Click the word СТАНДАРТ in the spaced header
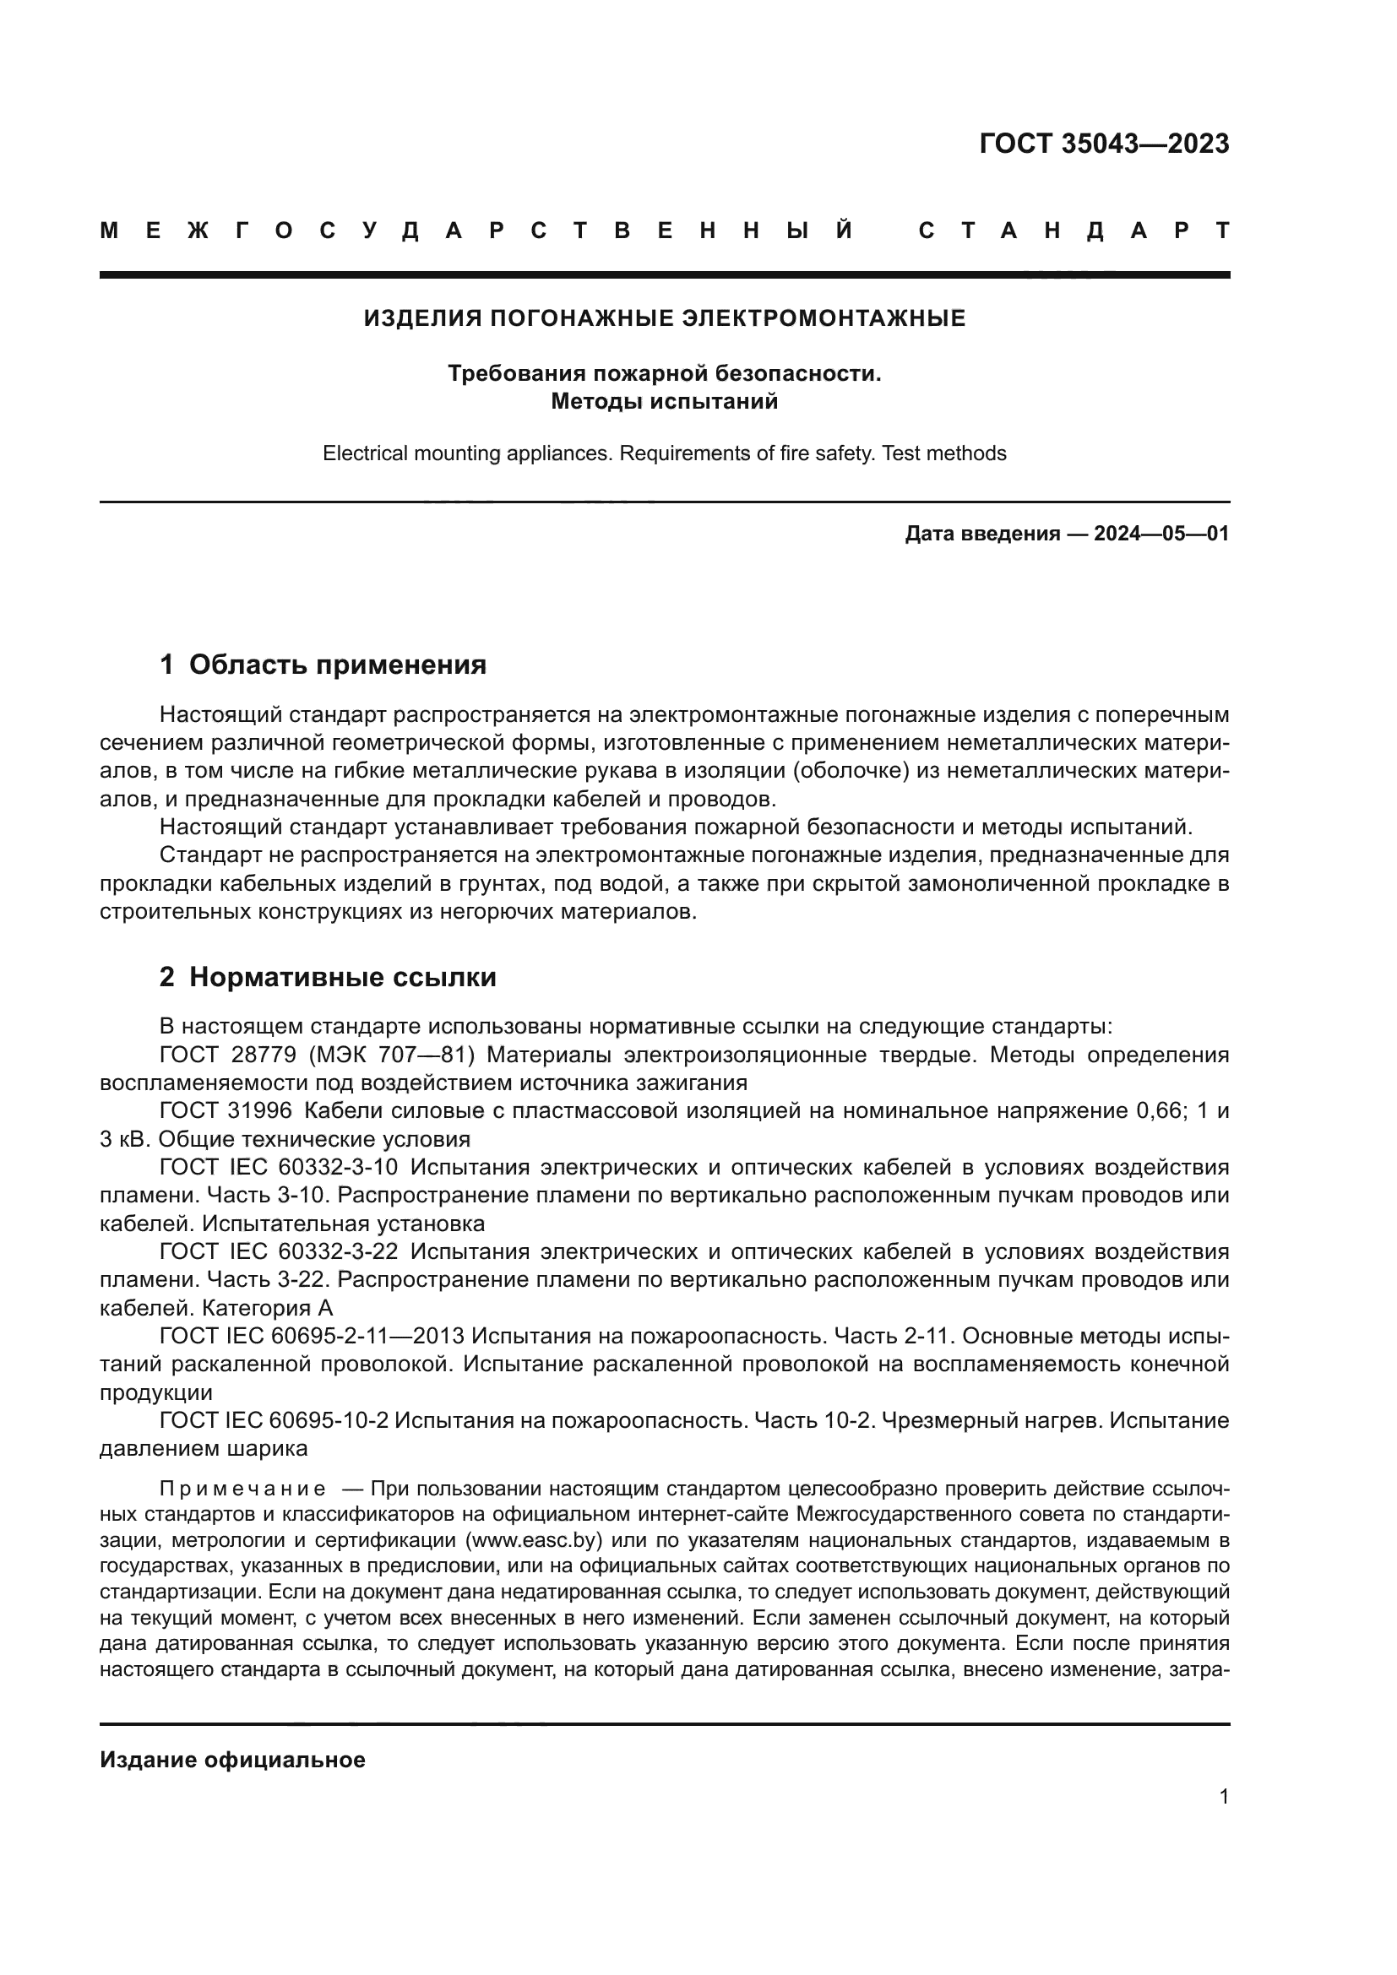tap(1074, 231)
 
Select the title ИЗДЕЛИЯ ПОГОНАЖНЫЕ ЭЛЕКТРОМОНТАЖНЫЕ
tap(664, 319)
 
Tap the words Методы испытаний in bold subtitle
tap(664, 402)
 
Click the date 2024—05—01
tap(1161, 534)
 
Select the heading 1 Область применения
tap(323, 665)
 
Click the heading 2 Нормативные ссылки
tap(328, 978)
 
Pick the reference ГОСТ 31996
tap(226, 1111)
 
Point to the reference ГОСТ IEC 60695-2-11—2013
tap(312, 1336)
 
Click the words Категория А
tap(267, 1308)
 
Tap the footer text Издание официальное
tap(232, 1760)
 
